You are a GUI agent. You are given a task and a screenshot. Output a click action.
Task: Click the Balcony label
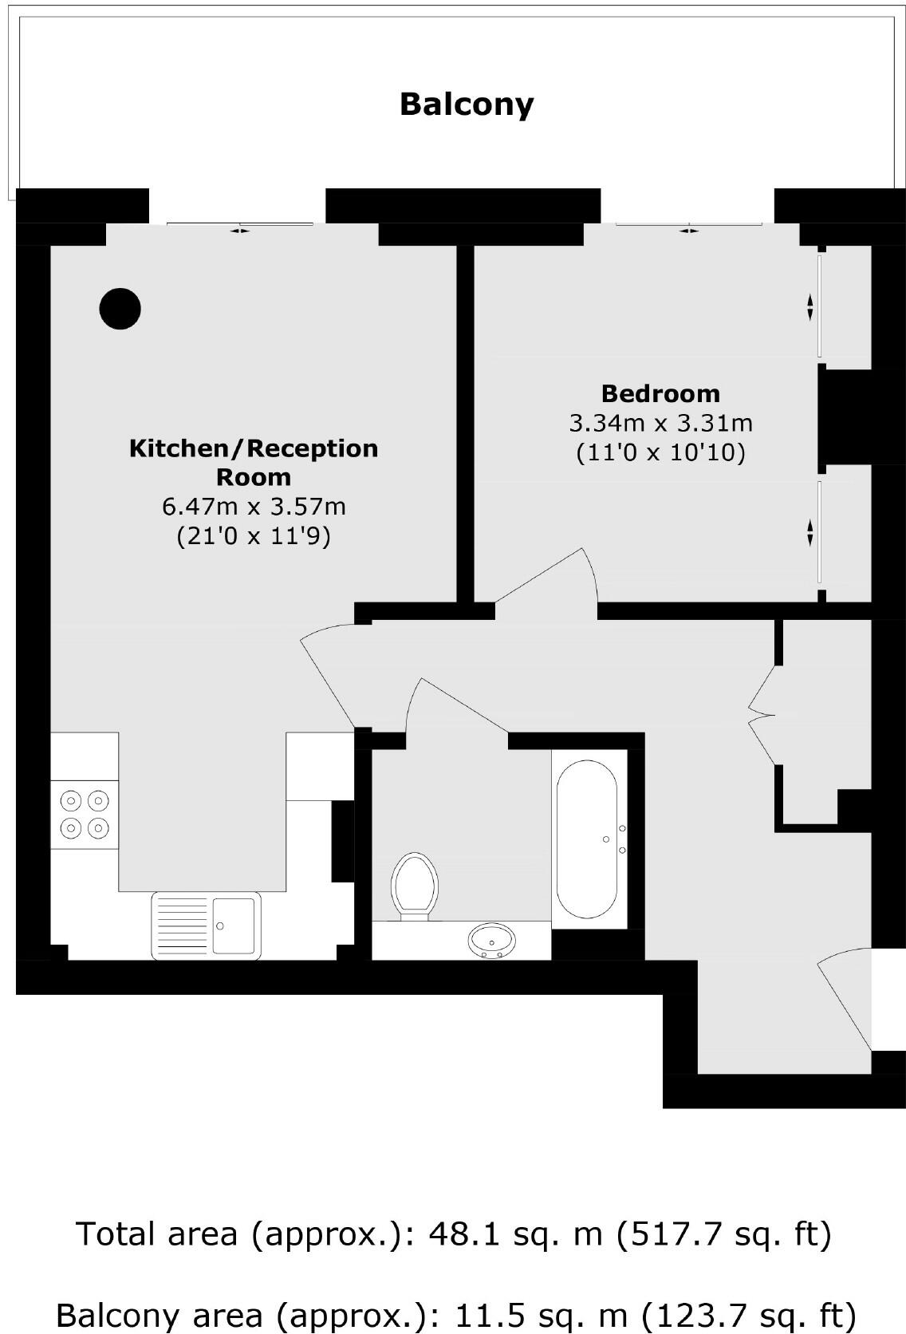tap(467, 105)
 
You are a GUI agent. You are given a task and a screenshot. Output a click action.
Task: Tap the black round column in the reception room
tap(120, 308)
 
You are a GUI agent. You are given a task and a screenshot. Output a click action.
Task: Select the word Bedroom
tap(660, 393)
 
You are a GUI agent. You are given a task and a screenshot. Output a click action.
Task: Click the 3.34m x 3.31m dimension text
tap(660, 423)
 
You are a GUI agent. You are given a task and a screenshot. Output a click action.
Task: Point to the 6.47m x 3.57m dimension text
tap(254, 507)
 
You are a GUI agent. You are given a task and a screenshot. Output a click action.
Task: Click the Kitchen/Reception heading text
tap(254, 448)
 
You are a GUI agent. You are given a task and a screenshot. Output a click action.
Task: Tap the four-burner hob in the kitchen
tap(85, 814)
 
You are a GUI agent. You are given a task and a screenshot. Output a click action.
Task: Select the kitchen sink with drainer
tap(206, 925)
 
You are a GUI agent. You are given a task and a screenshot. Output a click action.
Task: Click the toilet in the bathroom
tap(415, 886)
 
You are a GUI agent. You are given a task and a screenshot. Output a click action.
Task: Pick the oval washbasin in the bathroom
tap(491, 940)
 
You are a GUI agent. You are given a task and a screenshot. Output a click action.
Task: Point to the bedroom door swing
tap(550, 578)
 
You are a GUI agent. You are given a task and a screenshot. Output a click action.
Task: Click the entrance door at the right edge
tap(845, 997)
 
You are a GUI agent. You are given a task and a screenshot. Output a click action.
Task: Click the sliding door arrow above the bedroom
tap(688, 231)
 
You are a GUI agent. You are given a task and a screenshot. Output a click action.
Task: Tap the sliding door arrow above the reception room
tap(239, 231)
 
